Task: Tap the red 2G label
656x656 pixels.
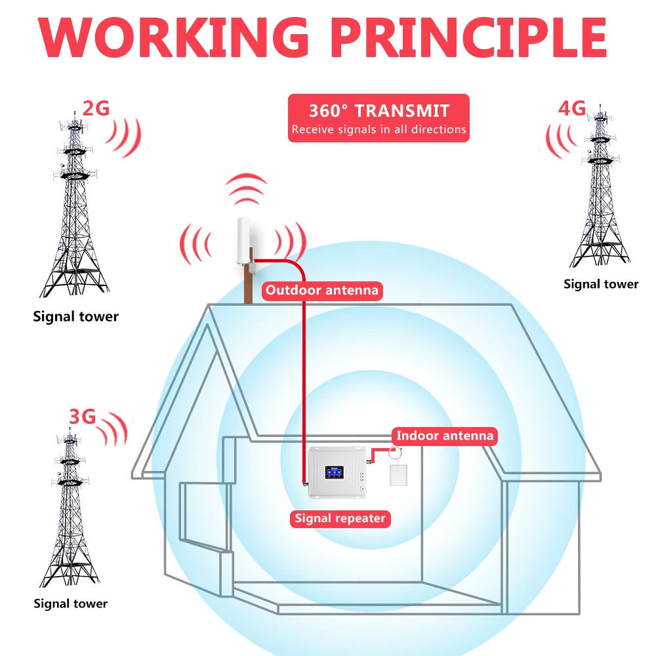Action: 96,108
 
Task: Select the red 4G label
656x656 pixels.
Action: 571,108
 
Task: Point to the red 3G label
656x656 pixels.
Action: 82,416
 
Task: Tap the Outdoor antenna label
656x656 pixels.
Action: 321,290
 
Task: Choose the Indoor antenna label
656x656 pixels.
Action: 444,435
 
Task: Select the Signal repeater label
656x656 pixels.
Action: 340,518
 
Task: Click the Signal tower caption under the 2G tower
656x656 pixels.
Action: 76,317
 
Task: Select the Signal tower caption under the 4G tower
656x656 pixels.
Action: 601,284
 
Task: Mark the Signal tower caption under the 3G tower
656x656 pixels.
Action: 71,604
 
